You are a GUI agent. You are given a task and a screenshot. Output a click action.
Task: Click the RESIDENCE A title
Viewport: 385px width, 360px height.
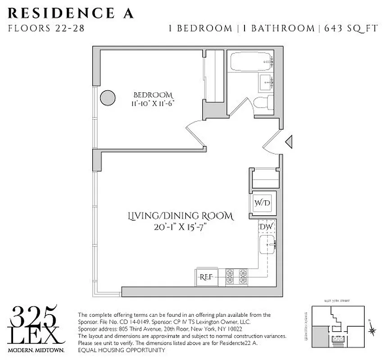click(x=71, y=13)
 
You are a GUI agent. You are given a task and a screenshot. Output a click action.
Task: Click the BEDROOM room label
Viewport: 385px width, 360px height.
click(x=153, y=95)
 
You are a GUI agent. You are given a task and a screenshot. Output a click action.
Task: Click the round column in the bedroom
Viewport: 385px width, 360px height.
click(x=107, y=97)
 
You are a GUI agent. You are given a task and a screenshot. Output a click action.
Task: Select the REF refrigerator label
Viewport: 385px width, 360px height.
click(x=206, y=276)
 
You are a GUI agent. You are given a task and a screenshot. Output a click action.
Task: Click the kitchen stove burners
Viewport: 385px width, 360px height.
click(x=236, y=276)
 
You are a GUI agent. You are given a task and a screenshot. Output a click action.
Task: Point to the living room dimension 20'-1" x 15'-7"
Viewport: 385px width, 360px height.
click(x=182, y=227)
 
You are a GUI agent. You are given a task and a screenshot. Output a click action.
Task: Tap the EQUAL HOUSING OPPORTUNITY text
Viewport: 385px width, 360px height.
click(x=122, y=350)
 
